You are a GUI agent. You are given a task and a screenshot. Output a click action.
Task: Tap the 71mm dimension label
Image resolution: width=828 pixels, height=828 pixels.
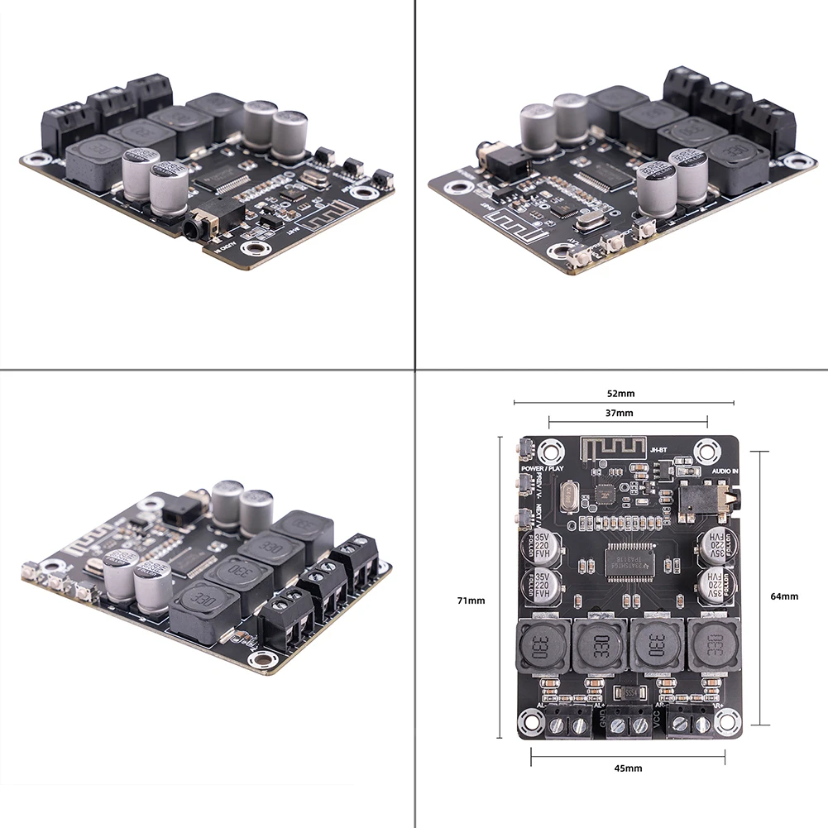click(x=473, y=600)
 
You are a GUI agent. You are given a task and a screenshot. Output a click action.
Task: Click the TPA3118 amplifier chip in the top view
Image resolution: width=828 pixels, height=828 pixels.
click(x=627, y=558)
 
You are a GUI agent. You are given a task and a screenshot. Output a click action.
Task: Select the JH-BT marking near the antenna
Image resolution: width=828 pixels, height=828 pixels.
click(x=658, y=448)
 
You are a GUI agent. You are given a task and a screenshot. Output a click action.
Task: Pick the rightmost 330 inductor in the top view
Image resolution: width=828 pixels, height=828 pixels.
click(x=711, y=647)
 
